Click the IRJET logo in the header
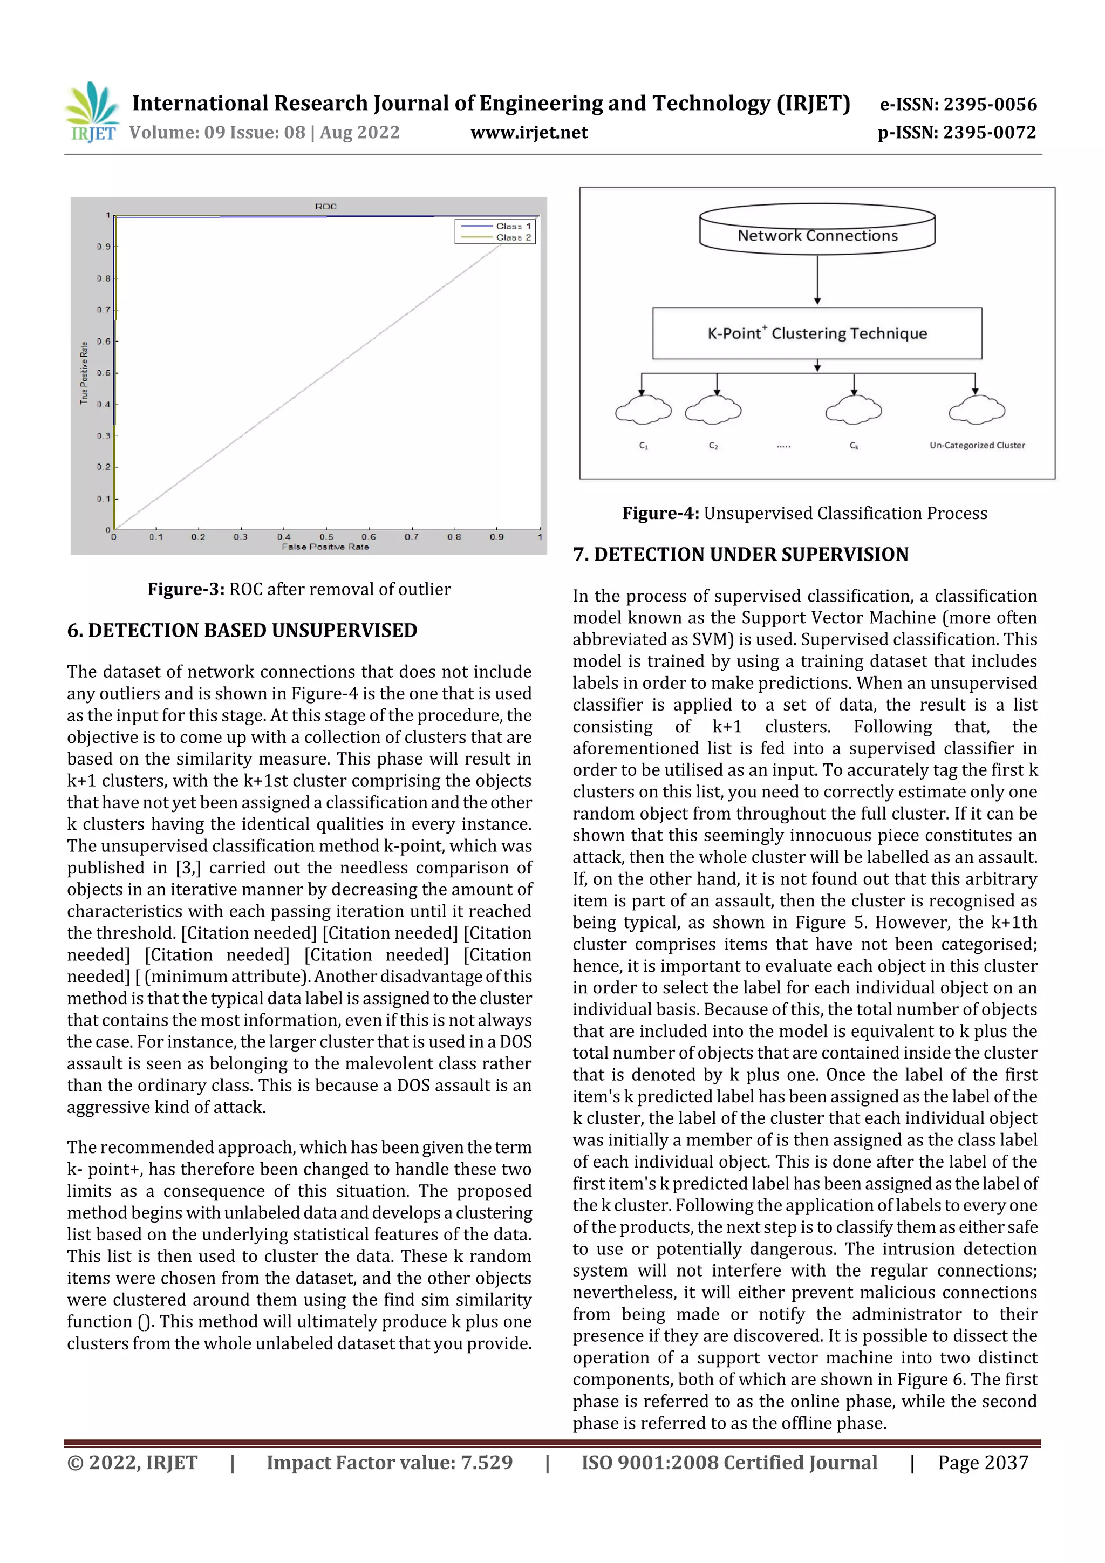pyautogui.click(x=92, y=113)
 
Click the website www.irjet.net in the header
pyautogui.click(x=528, y=132)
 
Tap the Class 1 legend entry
pyautogui.click(x=513, y=226)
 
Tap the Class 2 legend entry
pyautogui.click(x=513, y=237)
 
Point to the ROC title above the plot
pyautogui.click(x=325, y=206)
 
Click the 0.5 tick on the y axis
pyautogui.click(x=104, y=373)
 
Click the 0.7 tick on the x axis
pyautogui.click(x=411, y=536)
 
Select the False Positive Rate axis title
pyautogui.click(x=325, y=547)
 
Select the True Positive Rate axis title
pyautogui.click(x=84, y=372)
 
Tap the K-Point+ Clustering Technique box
pyautogui.click(x=817, y=333)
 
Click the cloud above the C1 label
pyautogui.click(x=643, y=410)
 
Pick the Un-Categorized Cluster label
pyautogui.click(x=977, y=445)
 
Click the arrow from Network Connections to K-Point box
pyautogui.click(x=817, y=279)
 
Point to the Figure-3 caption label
pyautogui.click(x=186, y=589)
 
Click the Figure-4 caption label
pyautogui.click(x=660, y=513)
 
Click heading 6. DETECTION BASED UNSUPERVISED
pyautogui.click(x=242, y=630)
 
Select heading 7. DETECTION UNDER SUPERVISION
pyautogui.click(x=740, y=554)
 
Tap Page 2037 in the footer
pyautogui.click(x=983, y=1462)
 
